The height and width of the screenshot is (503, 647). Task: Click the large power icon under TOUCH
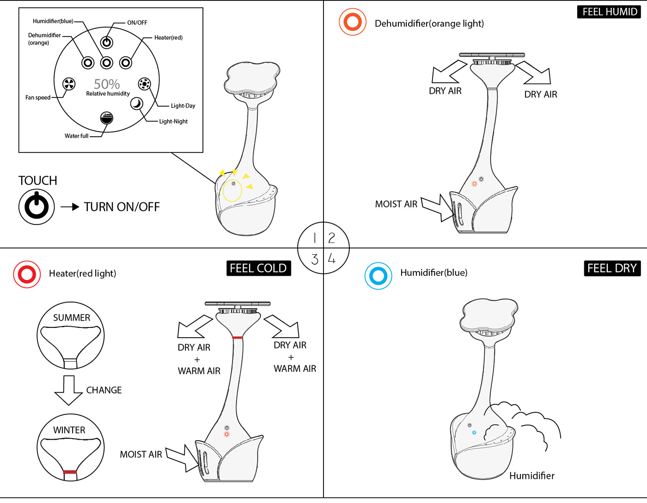pos(37,206)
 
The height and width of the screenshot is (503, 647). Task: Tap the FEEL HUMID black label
pos(609,12)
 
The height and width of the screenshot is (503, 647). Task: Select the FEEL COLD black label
pos(258,268)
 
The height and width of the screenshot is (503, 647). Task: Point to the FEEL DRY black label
pos(612,268)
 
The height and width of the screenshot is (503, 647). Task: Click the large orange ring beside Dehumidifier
pos(353,22)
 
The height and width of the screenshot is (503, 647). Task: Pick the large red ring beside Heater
pos(27,274)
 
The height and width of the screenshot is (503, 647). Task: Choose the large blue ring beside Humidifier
pos(378,276)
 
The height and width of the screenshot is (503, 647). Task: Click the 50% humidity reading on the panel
pos(107,84)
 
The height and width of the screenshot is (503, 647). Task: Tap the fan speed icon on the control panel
pos(69,84)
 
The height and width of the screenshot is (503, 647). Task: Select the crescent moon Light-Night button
pos(136,103)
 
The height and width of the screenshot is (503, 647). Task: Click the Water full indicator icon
pos(106,118)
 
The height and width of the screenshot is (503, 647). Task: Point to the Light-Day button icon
pos(144,84)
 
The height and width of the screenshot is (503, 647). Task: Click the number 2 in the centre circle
pos(332,238)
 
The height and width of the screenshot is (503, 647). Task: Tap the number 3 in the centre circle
pos(315,259)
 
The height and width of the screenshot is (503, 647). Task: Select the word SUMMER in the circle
pos(72,318)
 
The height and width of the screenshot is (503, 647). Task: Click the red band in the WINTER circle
pos(70,472)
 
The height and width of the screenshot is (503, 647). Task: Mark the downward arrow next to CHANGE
pos(69,390)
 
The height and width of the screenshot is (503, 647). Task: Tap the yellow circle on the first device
pos(232,191)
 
